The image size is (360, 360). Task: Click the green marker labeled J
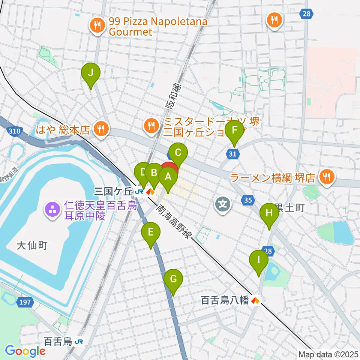[90, 73]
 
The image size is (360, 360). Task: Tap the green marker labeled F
[234, 131]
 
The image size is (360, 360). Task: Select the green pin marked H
[269, 213]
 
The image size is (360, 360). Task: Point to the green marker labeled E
[150, 232]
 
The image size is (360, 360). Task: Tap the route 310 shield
[14, 131]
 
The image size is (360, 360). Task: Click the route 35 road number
[247, 200]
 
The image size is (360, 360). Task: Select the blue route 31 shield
[233, 153]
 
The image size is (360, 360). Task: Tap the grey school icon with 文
[222, 204]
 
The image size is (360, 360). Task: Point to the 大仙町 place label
[32, 246]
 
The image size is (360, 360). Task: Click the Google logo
[25, 351]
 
